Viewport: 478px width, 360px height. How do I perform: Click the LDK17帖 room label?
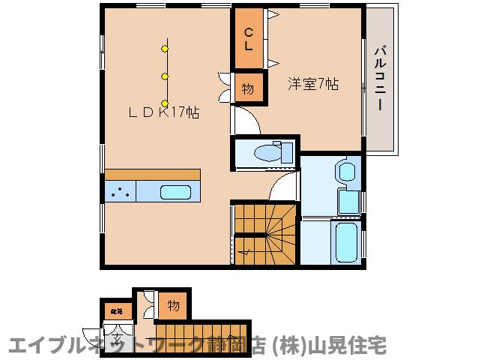(x=162, y=112)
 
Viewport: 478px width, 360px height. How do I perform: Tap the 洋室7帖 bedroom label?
(x=312, y=84)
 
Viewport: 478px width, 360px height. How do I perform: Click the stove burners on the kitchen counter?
(x=120, y=192)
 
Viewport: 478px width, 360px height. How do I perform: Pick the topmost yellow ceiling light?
(x=165, y=49)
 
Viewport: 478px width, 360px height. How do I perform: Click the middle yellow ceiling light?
(x=165, y=76)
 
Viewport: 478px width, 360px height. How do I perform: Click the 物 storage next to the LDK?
(x=247, y=88)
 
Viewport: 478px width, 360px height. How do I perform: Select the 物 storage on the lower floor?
(x=173, y=305)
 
